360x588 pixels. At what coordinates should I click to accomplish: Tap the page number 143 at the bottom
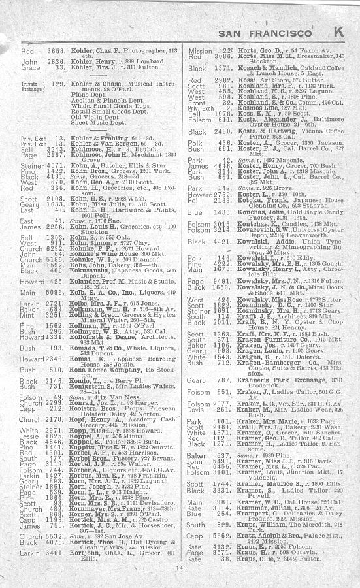coord(181,568)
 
